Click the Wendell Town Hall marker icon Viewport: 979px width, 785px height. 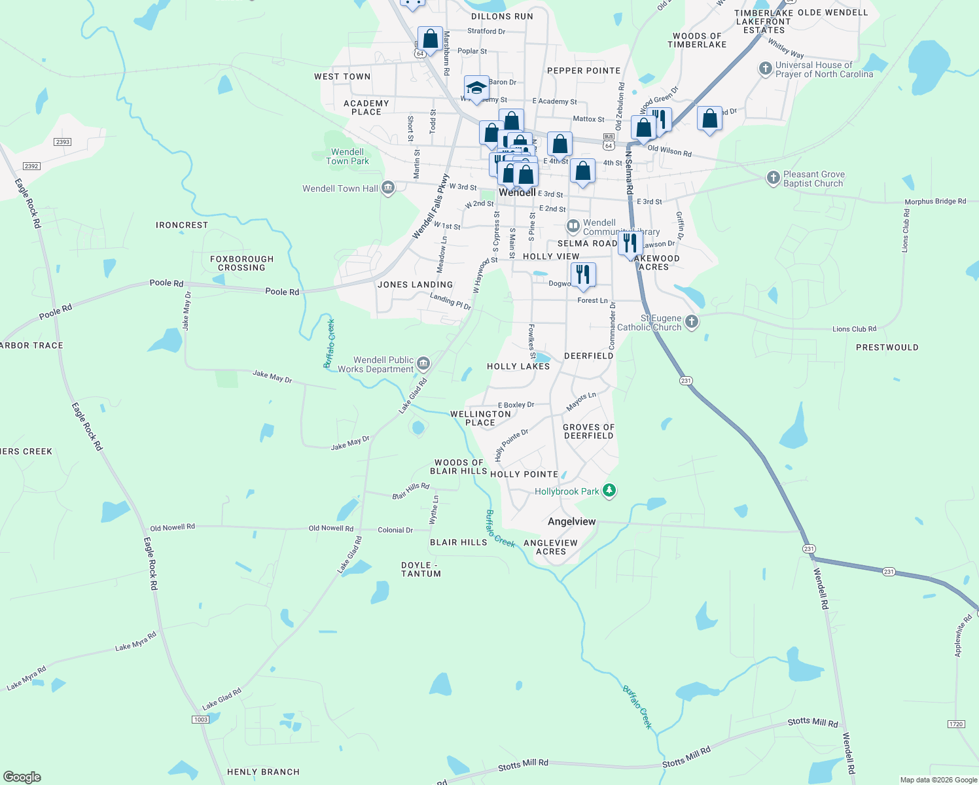point(388,188)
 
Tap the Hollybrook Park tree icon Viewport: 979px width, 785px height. point(609,491)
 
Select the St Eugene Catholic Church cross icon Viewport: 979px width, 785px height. point(692,322)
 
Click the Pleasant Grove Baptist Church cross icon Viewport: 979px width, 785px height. point(773,178)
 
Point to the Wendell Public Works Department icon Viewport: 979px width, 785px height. point(423,364)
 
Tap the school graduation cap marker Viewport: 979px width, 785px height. point(476,88)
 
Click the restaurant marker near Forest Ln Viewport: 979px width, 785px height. point(583,275)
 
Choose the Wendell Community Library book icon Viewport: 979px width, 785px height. point(573,226)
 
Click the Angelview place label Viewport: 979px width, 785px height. point(571,521)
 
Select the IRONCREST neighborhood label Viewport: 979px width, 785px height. point(182,225)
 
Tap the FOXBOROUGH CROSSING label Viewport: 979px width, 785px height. point(241,263)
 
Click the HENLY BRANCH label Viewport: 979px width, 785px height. point(263,772)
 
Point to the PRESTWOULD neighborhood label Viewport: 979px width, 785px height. point(887,347)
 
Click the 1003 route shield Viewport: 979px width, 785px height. point(200,720)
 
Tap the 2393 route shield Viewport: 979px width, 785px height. point(63,142)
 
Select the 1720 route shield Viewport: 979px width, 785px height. point(956,724)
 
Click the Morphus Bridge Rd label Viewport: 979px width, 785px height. point(935,201)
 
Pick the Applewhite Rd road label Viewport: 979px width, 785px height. point(963,635)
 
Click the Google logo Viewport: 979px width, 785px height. point(22,777)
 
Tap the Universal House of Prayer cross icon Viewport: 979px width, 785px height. point(765,69)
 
